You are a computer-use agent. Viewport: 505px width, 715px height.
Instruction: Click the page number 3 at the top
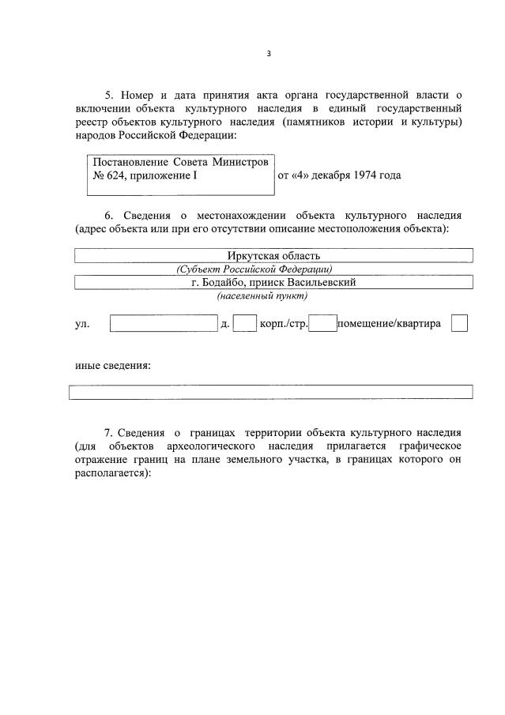pyautogui.click(x=268, y=54)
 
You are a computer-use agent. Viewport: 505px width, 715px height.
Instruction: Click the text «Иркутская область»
pyautogui.click(x=273, y=255)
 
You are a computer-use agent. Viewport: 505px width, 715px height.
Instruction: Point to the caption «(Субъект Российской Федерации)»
pyautogui.click(x=254, y=269)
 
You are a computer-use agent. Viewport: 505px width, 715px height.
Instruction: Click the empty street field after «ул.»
pyautogui.click(x=164, y=323)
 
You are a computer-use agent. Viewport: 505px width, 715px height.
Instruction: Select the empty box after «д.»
pyautogui.click(x=245, y=323)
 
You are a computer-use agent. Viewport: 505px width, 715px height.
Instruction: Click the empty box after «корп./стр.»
pyautogui.click(x=322, y=323)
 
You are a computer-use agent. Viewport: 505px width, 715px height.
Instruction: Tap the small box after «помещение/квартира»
pyautogui.click(x=459, y=323)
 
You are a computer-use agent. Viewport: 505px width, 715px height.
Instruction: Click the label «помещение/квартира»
pyautogui.click(x=389, y=324)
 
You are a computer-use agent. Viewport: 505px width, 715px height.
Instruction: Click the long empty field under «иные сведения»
pyautogui.click(x=270, y=392)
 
